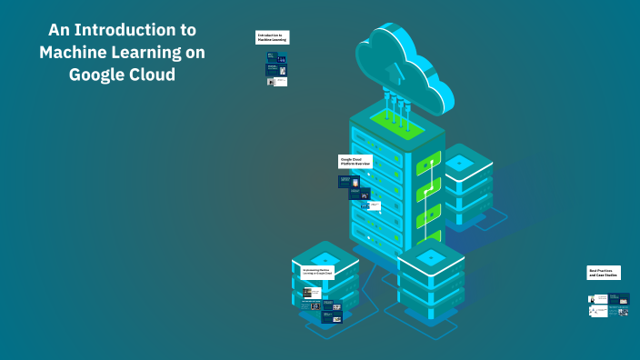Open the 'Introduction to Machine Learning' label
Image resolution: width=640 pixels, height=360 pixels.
coord(272,37)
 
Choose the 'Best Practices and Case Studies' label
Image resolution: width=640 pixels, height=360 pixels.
coord(604,272)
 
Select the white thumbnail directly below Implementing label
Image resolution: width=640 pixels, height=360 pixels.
coord(311,293)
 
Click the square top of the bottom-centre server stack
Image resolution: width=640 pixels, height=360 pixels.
coord(430,257)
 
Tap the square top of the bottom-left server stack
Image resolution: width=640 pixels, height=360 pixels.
coord(325,259)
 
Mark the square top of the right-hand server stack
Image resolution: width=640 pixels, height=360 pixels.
coord(460,163)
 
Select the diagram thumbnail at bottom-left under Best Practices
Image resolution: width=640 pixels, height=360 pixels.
coord(597,311)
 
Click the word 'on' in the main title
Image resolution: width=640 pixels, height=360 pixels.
coord(192,53)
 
